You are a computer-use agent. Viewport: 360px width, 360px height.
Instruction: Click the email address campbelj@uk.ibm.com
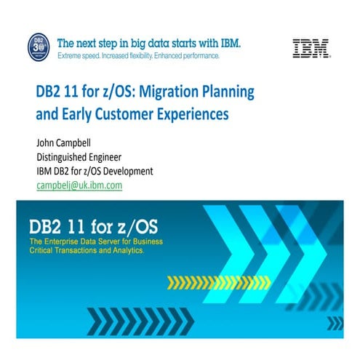(79, 185)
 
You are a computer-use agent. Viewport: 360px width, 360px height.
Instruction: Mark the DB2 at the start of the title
(49, 94)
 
